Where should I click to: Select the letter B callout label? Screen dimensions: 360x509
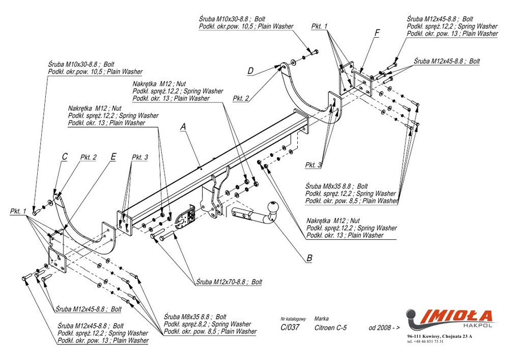click(309, 258)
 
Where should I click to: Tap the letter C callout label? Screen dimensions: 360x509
click(65, 157)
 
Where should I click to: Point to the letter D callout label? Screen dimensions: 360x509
click(250, 71)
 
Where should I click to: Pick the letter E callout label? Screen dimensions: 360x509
click(113, 157)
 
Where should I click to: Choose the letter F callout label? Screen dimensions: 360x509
click(377, 33)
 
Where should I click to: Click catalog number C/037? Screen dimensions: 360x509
click(290, 327)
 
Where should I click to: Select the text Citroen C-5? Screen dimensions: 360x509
click(330, 327)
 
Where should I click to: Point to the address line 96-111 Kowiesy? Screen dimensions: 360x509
click(440, 337)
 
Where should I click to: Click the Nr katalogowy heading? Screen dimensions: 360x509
click(293, 318)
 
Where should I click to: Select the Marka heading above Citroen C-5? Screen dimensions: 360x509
click(321, 318)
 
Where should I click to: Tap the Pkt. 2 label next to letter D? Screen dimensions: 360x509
click(241, 98)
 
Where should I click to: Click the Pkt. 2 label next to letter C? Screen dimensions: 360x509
click(88, 157)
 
